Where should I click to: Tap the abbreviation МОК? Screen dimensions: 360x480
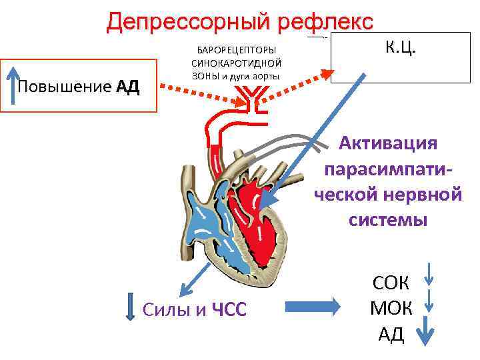tap(391, 308)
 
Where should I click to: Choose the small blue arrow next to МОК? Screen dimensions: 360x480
tap(430, 301)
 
